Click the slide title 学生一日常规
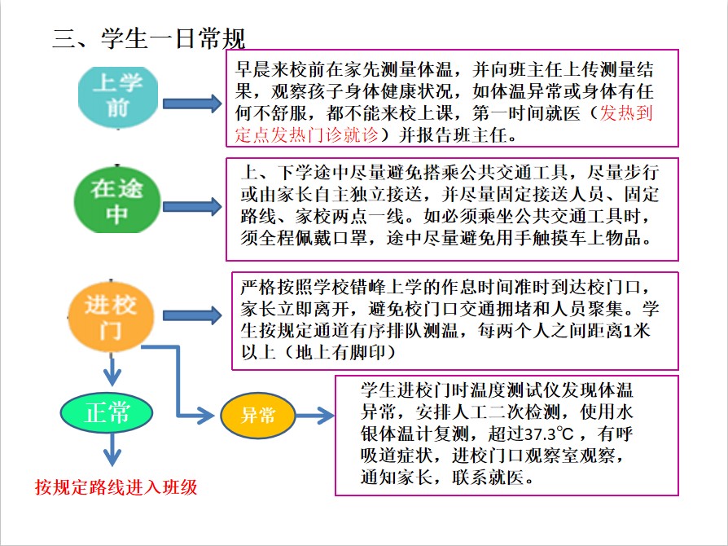(149, 38)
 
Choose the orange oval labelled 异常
(258, 416)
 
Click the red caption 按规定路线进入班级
(116, 487)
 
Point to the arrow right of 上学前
(192, 103)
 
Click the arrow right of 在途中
(192, 207)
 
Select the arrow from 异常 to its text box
(314, 415)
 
